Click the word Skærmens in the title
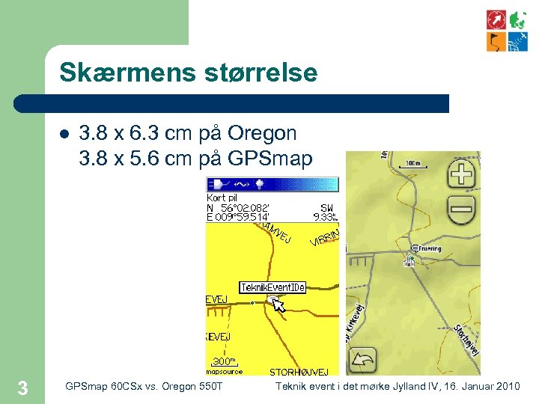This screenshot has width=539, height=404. tap(115, 73)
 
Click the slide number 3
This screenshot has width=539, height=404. tap(22, 388)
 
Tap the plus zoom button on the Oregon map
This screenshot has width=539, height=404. tap(462, 175)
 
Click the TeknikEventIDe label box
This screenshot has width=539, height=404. tap(272, 287)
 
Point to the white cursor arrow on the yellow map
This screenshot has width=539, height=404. tap(278, 304)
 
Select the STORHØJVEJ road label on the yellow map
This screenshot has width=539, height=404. tap(299, 372)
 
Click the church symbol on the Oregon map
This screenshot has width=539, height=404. tap(409, 260)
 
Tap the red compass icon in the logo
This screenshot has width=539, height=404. tap(496, 19)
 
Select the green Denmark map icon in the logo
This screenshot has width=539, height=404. tap(518, 19)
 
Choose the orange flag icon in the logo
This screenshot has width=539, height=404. tap(496, 42)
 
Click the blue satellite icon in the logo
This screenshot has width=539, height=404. tap(518, 42)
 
